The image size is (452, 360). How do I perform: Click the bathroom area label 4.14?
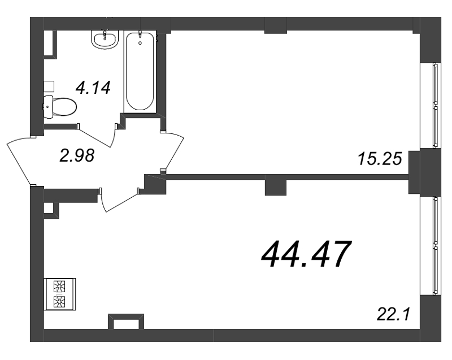click(93, 88)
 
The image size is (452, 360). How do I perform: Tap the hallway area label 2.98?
click(77, 155)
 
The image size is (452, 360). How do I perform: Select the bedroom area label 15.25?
click(380, 159)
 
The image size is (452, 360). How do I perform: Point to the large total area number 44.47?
click(306, 254)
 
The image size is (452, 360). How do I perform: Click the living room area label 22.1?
click(393, 314)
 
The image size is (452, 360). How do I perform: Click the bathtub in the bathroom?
click(140, 71)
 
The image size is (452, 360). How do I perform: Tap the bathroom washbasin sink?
click(105, 39)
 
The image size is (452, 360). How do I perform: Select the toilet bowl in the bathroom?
click(60, 107)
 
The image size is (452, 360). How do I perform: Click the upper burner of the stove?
click(59, 287)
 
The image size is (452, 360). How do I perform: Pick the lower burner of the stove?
click(59, 302)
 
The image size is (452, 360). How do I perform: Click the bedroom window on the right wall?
click(436, 106)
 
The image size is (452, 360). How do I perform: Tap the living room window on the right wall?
click(436, 246)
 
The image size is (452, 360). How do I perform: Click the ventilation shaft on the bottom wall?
click(126, 322)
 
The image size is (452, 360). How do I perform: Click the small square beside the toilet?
click(49, 86)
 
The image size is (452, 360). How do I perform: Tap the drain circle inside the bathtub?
click(140, 44)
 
